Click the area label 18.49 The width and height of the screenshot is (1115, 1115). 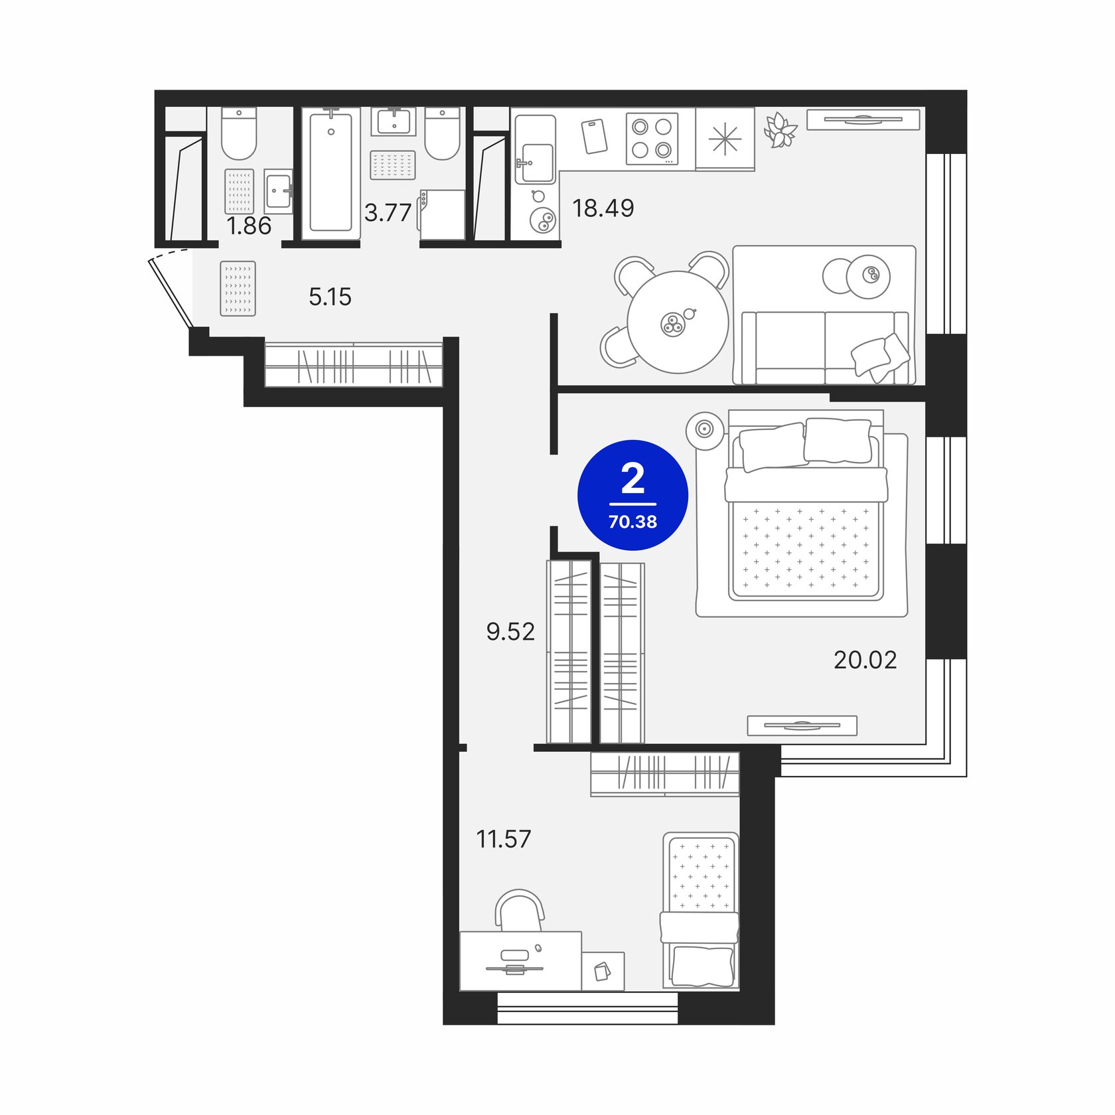click(x=603, y=208)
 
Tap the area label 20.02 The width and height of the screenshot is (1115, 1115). click(x=865, y=660)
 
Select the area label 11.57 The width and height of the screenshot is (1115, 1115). click(x=504, y=839)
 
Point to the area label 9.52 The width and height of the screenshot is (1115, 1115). click(x=510, y=632)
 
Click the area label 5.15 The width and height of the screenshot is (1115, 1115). click(x=330, y=297)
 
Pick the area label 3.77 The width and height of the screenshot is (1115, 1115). click(x=388, y=213)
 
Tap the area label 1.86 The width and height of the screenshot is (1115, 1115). click(x=249, y=226)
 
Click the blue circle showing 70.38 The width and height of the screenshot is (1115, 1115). click(x=633, y=495)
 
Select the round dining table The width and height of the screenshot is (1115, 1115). click(x=678, y=322)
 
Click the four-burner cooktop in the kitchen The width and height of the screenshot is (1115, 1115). click(x=652, y=139)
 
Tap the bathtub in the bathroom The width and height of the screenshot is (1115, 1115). click(x=331, y=173)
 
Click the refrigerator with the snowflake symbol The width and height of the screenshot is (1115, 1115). click(x=725, y=139)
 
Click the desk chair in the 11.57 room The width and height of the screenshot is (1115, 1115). click(x=520, y=911)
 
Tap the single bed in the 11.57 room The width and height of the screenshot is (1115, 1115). click(x=700, y=910)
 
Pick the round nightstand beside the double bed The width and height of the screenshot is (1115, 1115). click(x=705, y=429)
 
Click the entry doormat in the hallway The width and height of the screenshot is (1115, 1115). click(x=238, y=288)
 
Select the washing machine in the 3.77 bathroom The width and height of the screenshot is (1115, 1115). click(x=441, y=214)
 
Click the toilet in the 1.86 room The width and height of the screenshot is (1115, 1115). click(x=239, y=133)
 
